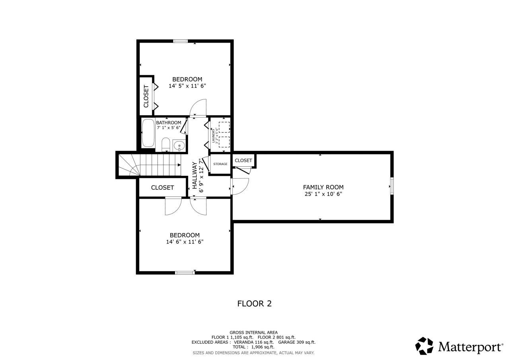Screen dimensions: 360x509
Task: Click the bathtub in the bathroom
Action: (x=149, y=133)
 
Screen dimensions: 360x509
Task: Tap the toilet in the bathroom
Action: (x=166, y=145)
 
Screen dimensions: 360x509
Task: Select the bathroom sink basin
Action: (x=179, y=146)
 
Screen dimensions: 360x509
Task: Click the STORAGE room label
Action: (x=220, y=164)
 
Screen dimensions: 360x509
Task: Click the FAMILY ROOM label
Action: (x=323, y=187)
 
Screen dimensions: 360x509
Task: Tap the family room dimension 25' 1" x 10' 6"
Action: (x=323, y=194)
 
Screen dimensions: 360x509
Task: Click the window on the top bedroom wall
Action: (x=181, y=41)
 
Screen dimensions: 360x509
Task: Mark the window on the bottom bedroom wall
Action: (x=185, y=272)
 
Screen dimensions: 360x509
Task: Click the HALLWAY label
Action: (x=195, y=175)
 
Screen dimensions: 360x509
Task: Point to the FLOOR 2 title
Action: (x=254, y=304)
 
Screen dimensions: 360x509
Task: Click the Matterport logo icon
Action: (x=424, y=346)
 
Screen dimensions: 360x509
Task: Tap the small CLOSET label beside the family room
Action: (x=243, y=160)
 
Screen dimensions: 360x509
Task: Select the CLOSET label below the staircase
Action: (x=162, y=187)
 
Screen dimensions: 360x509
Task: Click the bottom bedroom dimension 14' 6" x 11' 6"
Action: (x=185, y=241)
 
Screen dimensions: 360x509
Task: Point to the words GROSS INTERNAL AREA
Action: (x=254, y=333)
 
